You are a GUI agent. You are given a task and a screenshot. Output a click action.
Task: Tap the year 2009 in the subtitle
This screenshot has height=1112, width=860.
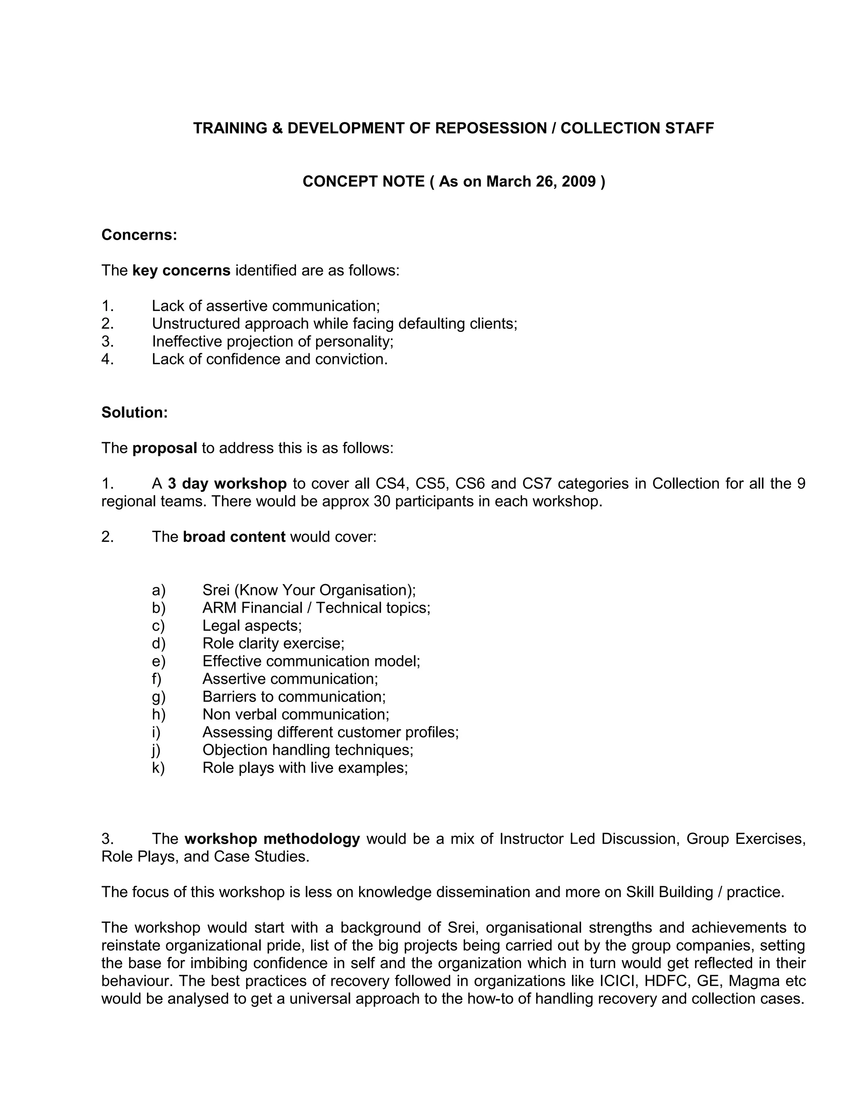coord(579,182)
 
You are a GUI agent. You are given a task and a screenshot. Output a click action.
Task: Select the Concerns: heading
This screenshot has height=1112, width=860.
coord(139,235)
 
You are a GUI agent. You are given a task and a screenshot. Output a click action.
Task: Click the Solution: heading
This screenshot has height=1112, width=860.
coord(134,412)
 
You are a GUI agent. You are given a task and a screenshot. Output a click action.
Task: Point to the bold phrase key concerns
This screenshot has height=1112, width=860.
coord(181,270)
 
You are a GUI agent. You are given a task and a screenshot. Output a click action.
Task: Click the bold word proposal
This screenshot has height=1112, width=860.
coord(165,448)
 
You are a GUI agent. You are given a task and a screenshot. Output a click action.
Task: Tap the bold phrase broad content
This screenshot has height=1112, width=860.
coord(234,537)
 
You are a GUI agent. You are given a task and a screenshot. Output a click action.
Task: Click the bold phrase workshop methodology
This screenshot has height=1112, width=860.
coord(272,838)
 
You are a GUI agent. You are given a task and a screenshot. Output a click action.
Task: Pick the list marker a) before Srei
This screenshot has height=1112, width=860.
coord(158,590)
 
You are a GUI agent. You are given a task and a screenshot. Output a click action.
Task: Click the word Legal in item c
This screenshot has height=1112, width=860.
coord(222,626)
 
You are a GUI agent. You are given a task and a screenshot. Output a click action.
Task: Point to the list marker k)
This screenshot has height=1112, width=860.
coord(158,767)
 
